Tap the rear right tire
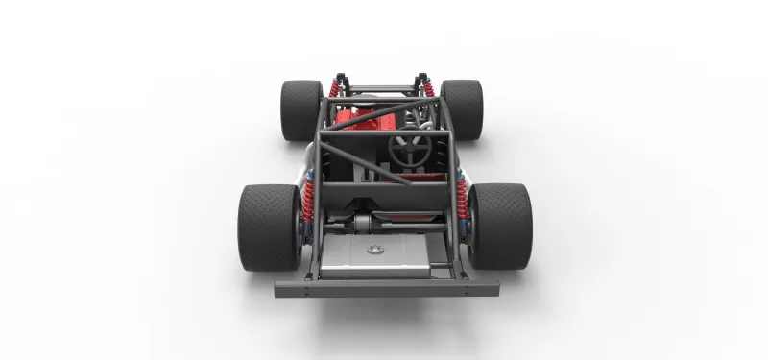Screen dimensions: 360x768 coord(499,227)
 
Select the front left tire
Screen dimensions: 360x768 coord(301,109)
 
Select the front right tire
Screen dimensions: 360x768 coord(461,108)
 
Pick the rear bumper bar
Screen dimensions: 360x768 coord(385,287)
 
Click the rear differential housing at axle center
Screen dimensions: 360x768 coord(363,224)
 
